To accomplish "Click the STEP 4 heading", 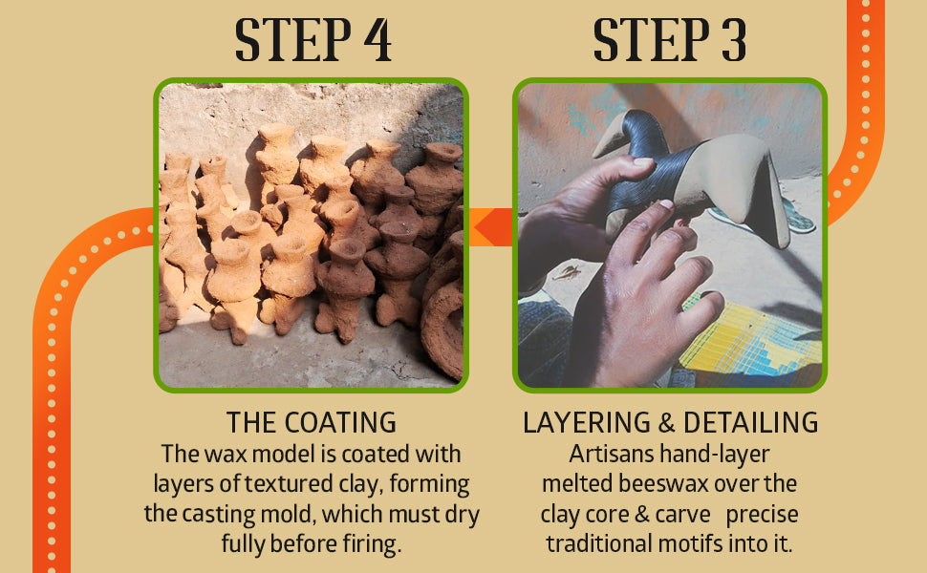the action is [x=313, y=39].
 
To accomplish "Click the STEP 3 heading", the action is [x=669, y=39].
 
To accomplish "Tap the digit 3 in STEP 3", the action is [x=733, y=39].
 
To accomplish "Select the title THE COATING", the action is [x=312, y=423].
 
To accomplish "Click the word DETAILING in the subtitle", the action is [x=751, y=423].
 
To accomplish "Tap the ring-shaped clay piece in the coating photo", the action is [x=442, y=330].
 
